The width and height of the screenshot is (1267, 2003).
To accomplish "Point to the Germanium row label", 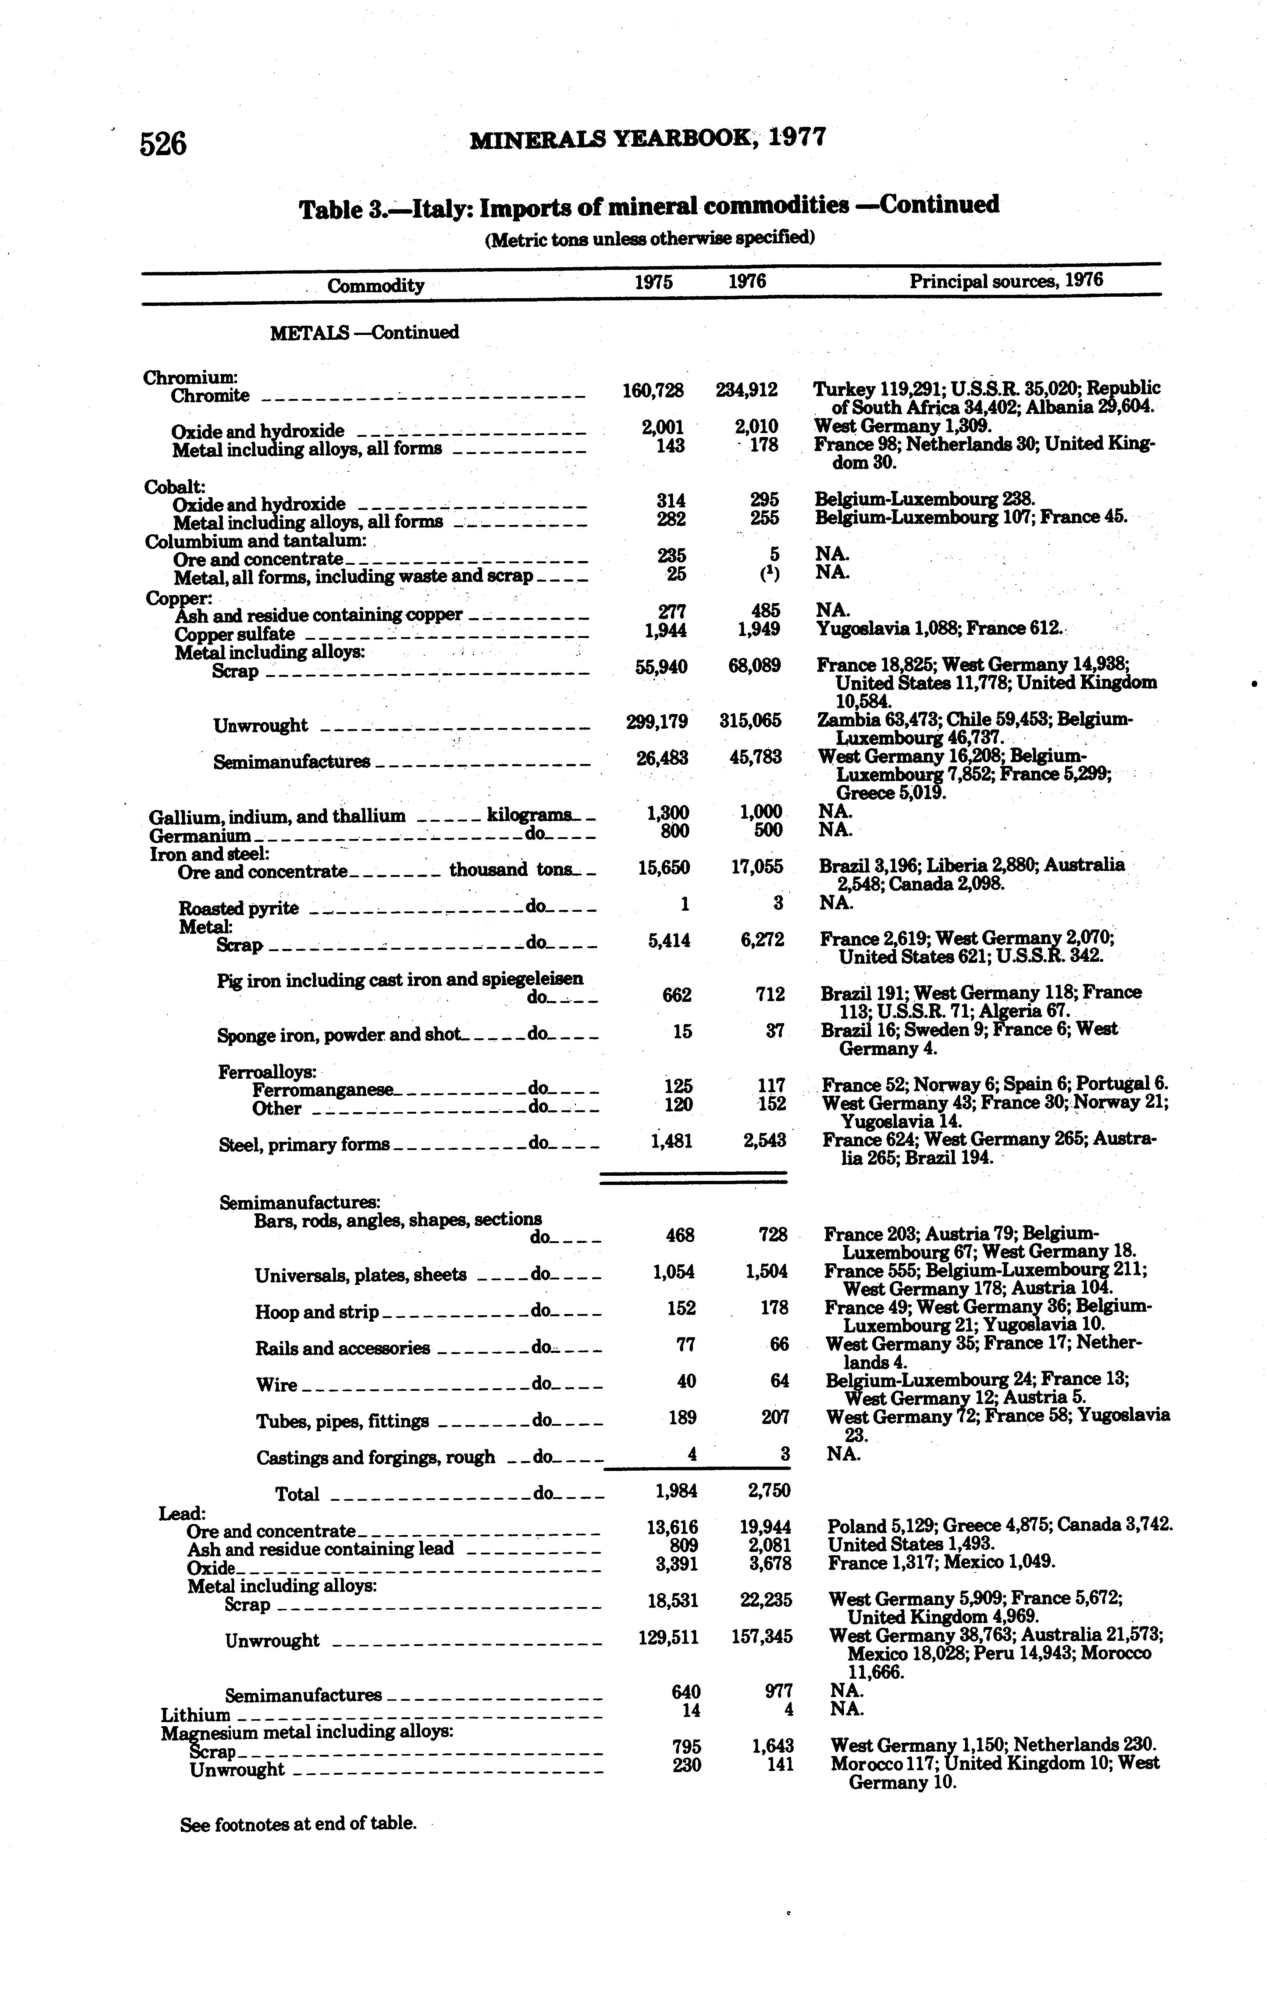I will click(x=200, y=835).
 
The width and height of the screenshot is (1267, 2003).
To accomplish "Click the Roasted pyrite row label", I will click(x=239, y=908).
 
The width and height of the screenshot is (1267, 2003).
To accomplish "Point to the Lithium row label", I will click(x=196, y=1715).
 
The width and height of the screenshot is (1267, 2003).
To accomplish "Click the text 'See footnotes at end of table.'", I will click(x=298, y=1824).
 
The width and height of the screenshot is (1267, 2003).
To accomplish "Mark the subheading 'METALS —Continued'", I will click(x=364, y=333).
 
